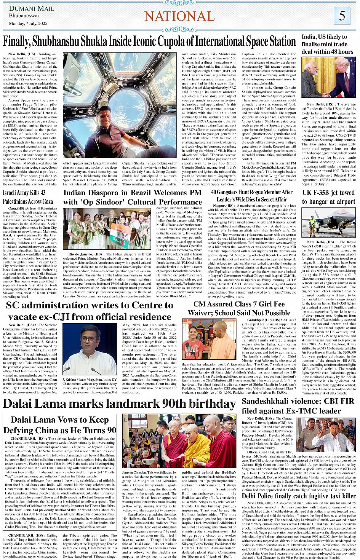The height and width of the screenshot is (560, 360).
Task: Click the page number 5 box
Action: pyautogui.click(x=342, y=16)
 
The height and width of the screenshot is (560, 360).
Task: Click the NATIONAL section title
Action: pyautogui.click(x=179, y=16)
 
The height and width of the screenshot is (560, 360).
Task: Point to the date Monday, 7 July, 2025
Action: pyautogui.click(x=28, y=23)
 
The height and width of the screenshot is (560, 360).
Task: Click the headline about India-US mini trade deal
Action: pyautogui.click(x=327, y=44)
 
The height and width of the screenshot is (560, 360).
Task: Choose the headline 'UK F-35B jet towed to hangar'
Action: pyautogui.click(x=328, y=197)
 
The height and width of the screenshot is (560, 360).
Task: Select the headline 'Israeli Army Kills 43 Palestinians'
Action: pyautogui.click(x=28, y=197)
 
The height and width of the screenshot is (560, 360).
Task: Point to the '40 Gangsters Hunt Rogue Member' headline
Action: pyautogui.click(x=251, y=196)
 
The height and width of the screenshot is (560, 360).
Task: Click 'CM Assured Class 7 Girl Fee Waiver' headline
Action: pyautogui.click(x=239, y=308)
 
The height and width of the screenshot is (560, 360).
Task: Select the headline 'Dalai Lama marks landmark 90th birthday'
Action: pyautogui.click(x=119, y=404)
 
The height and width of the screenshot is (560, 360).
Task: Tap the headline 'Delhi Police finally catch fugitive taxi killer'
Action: pyautogui.click(x=298, y=496)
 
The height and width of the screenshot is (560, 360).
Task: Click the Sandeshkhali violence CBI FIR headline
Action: pyautogui.click(x=298, y=406)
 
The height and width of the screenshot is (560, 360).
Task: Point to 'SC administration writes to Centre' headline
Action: pyautogui.click(x=90, y=311)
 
